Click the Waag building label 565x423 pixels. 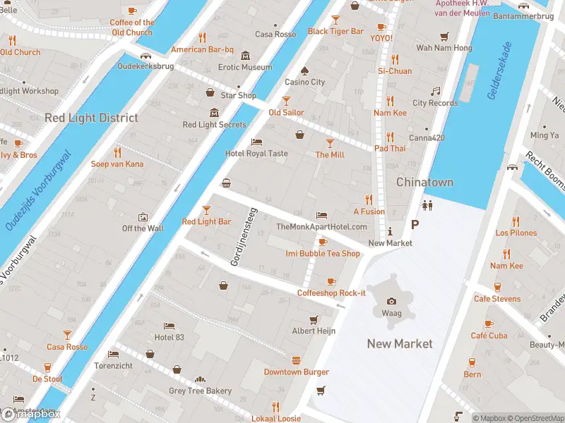tap(391, 313)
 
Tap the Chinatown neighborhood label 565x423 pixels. tap(424, 182)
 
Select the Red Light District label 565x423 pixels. tap(91, 118)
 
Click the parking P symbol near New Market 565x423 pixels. tap(415, 224)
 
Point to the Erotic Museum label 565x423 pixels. tap(245, 67)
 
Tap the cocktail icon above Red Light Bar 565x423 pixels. tap(206, 209)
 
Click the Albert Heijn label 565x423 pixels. tap(314, 331)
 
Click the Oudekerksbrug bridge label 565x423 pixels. tap(145, 66)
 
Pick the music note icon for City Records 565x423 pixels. tap(435, 91)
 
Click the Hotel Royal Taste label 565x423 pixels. tap(256, 153)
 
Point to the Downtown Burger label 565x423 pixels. tap(297, 372)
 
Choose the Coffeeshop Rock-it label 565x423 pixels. tap(331, 293)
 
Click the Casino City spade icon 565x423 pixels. tap(304, 70)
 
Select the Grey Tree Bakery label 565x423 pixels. tap(200, 391)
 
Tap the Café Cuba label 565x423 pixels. tap(489, 336)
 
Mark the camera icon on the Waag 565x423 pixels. tap(391, 301)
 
